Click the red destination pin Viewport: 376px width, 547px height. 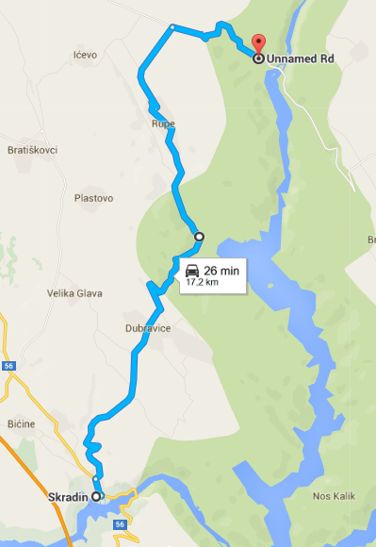click(x=258, y=43)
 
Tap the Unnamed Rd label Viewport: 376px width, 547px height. click(x=301, y=58)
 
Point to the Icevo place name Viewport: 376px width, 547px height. click(x=85, y=55)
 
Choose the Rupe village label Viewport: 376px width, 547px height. click(x=162, y=124)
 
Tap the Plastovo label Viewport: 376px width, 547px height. click(x=93, y=198)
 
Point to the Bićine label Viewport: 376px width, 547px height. click(x=20, y=423)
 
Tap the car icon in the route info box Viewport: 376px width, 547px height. click(x=192, y=271)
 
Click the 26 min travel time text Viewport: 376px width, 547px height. click(x=222, y=271)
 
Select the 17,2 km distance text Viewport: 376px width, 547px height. click(x=202, y=282)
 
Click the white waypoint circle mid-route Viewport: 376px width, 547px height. click(x=199, y=237)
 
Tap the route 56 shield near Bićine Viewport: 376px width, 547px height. click(x=8, y=364)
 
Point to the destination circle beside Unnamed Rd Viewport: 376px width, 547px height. click(x=258, y=58)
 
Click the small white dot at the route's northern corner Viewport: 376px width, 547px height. click(x=172, y=26)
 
